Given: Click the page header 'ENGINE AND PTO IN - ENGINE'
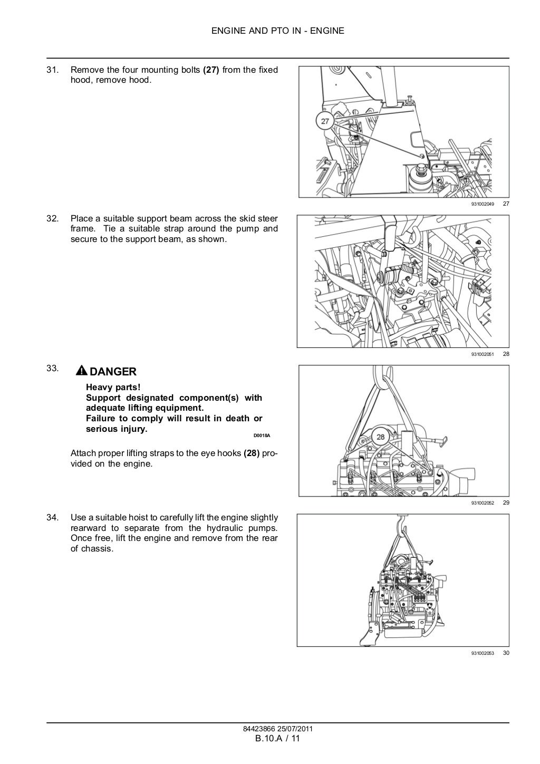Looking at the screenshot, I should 277,31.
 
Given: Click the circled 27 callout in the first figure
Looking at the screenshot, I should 325,121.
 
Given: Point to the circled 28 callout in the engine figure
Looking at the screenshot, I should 380,437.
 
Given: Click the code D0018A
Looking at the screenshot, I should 262,436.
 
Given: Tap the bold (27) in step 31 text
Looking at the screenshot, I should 211,70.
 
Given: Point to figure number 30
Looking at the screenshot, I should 506,653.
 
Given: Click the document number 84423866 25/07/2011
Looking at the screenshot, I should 277,729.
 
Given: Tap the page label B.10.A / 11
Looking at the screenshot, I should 277,738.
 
